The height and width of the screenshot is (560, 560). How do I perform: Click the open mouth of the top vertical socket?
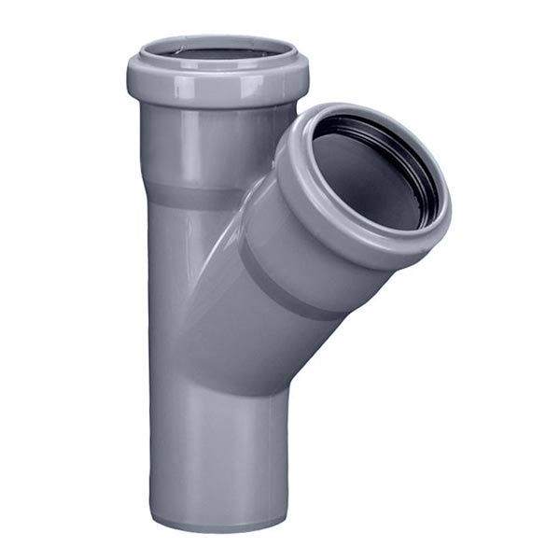(x=217, y=50)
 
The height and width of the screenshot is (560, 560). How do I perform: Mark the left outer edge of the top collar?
(x=131, y=75)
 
